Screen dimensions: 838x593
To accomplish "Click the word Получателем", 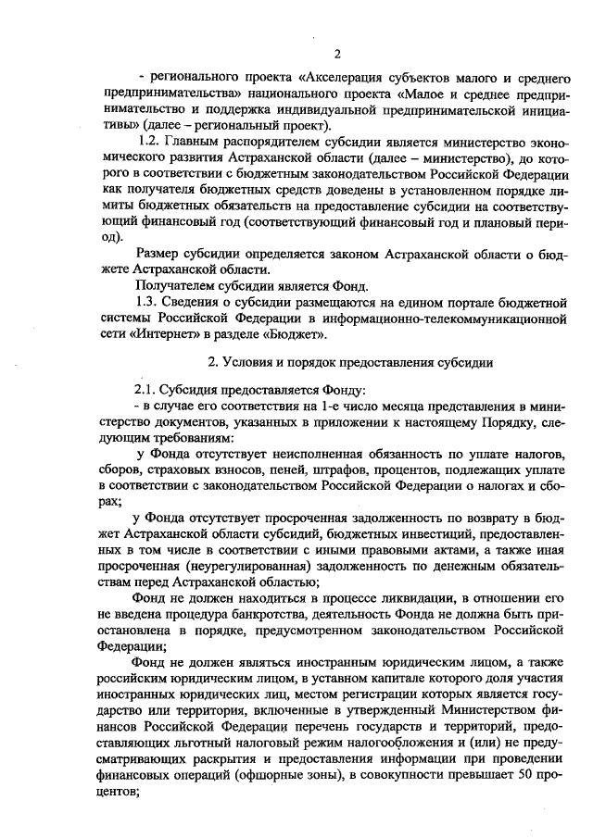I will coord(179,284).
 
